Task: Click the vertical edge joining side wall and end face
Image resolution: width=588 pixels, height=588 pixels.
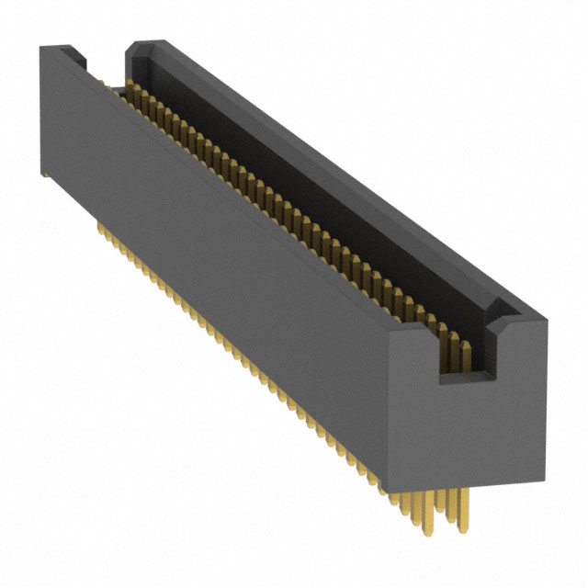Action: [390, 413]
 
